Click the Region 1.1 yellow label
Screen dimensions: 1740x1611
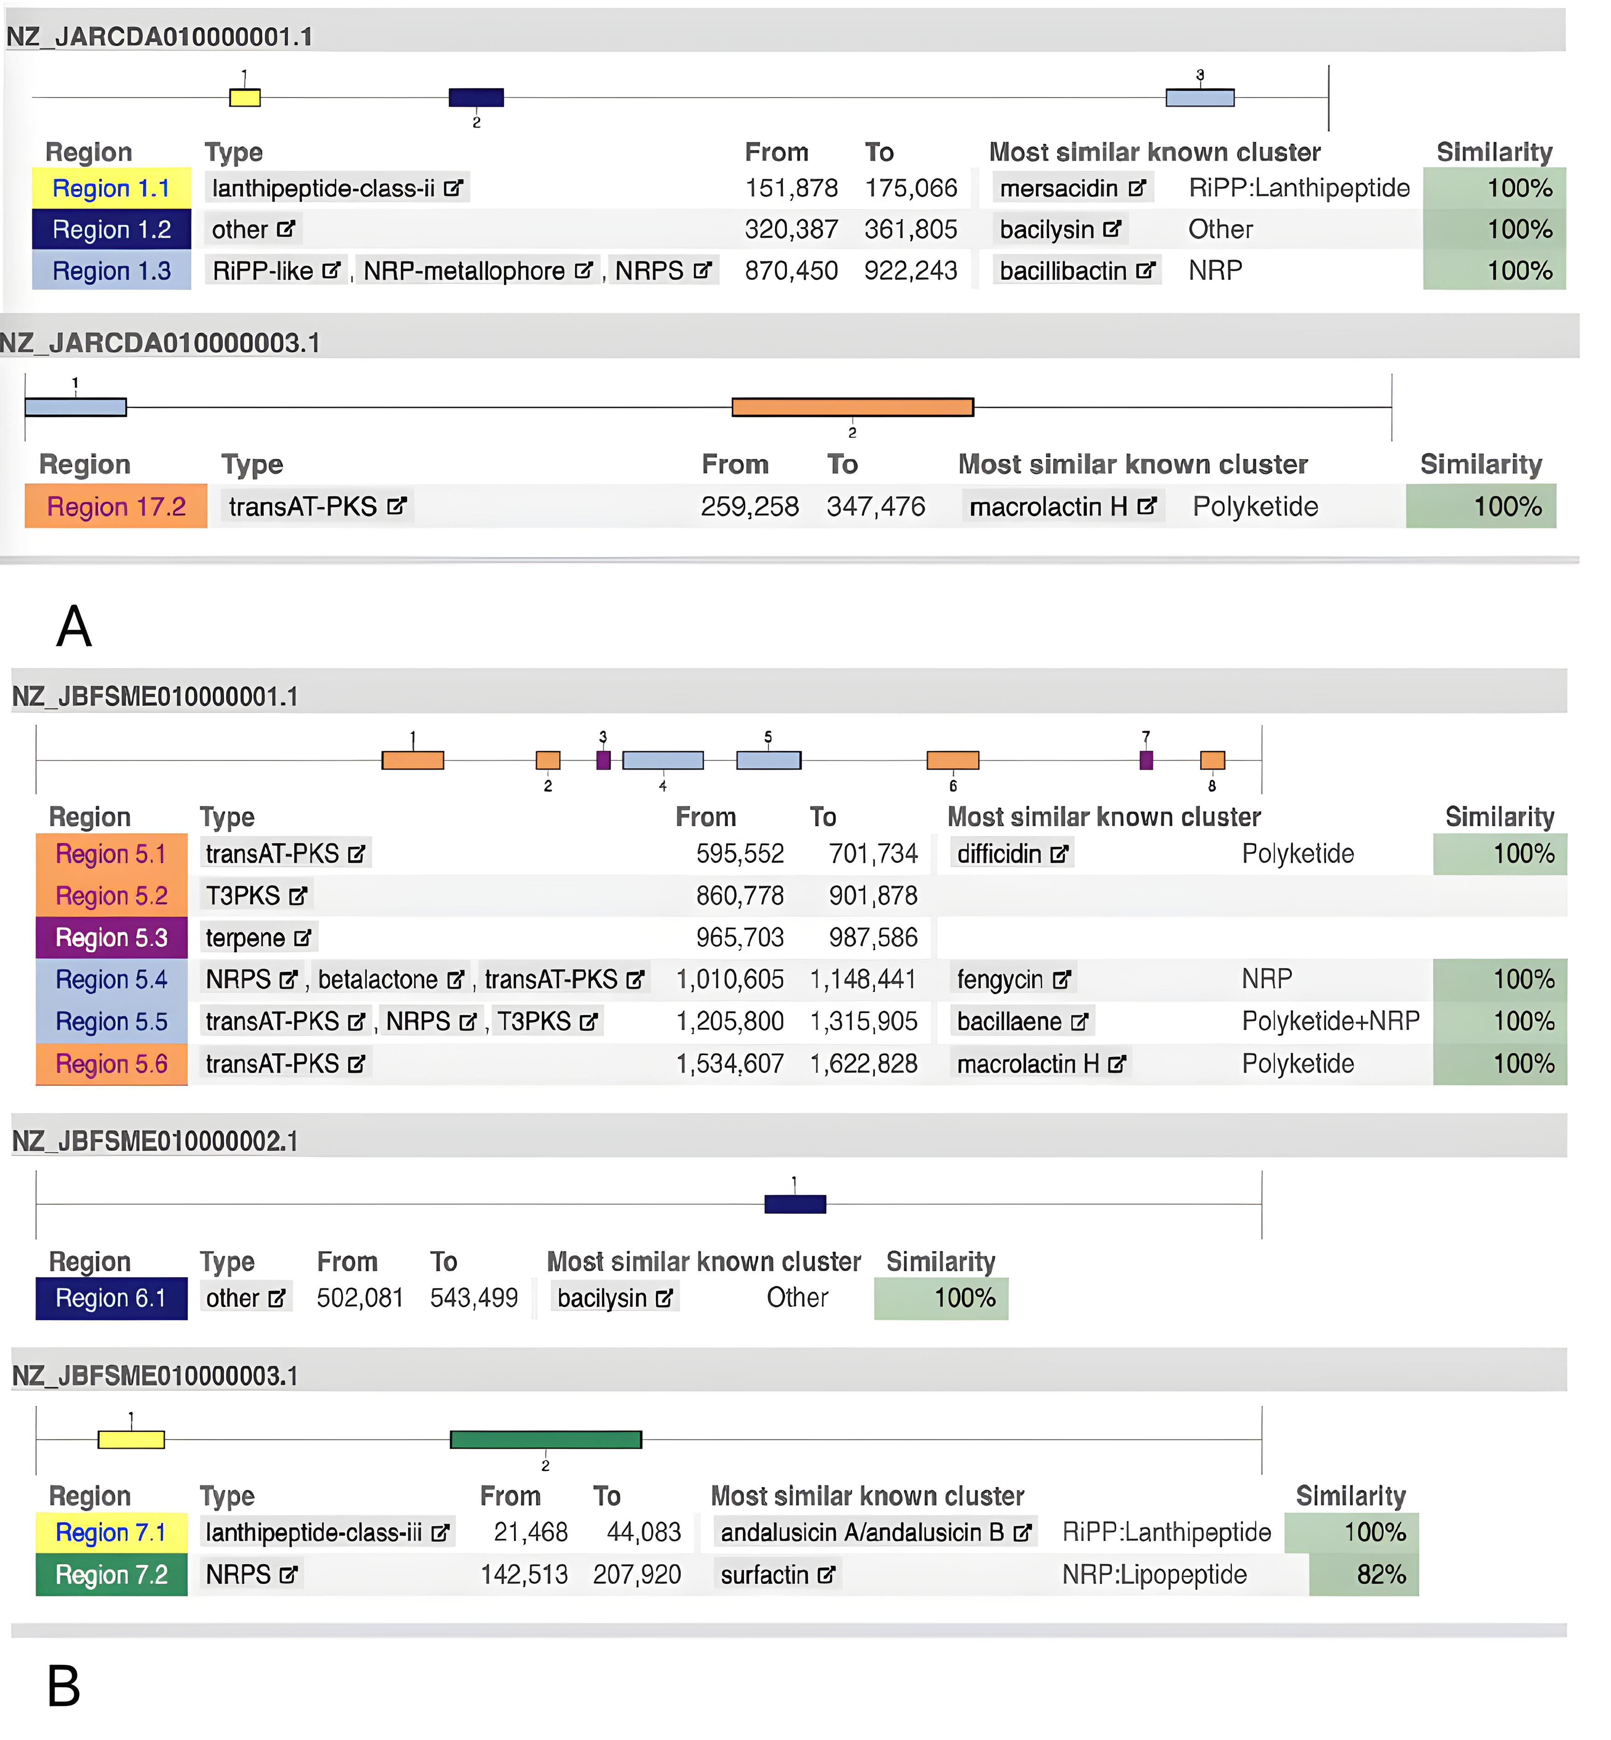pos(111,188)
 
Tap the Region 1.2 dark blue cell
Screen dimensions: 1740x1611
pos(111,229)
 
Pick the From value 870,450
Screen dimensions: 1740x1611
pos(791,271)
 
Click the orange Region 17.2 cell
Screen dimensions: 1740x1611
pos(116,506)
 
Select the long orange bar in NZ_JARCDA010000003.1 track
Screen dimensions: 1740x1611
pos(852,407)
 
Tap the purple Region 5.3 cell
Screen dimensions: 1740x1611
pos(111,938)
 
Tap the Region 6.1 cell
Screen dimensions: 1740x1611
pos(111,1299)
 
